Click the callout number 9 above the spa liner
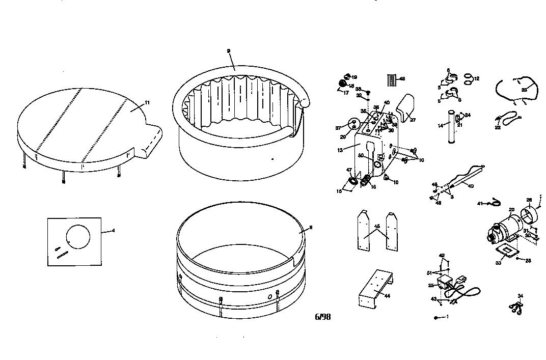[x=229, y=51]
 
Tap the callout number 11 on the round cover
[x=147, y=103]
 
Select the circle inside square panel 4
[x=78, y=237]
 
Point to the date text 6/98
[x=323, y=317]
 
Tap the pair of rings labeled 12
[x=468, y=78]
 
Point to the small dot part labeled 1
[x=436, y=317]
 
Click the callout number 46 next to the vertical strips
[x=402, y=79]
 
